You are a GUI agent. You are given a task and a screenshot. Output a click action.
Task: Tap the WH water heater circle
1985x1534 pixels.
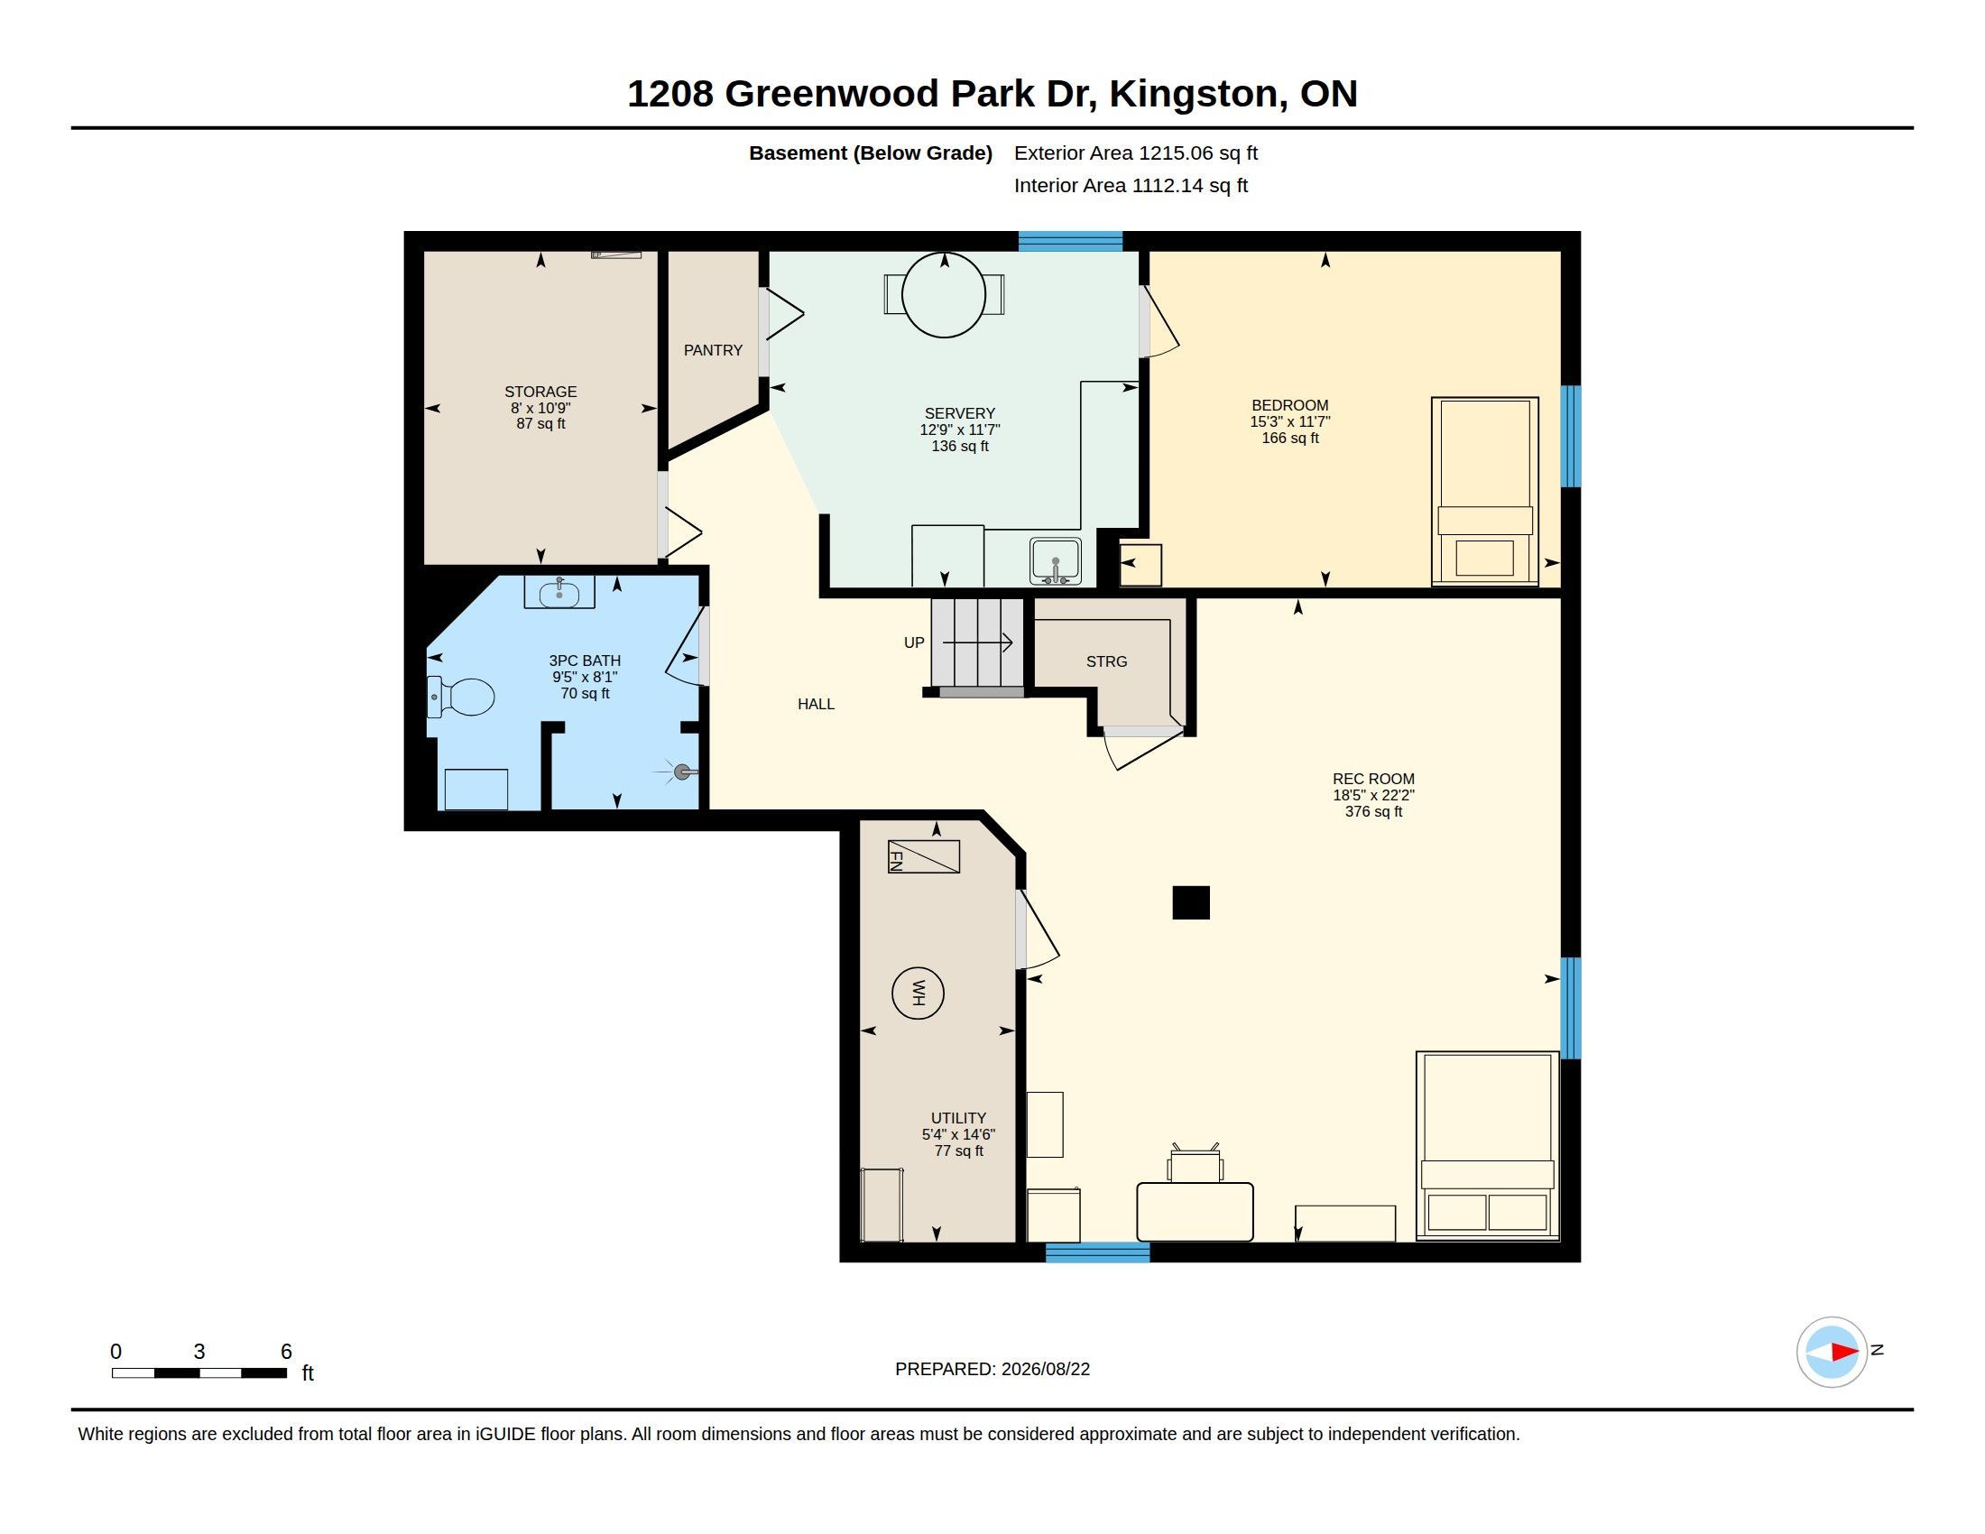click(x=918, y=993)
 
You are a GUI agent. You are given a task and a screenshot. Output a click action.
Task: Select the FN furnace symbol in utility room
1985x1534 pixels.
click(x=923, y=857)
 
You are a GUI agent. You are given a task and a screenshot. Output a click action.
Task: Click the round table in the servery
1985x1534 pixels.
click(x=945, y=295)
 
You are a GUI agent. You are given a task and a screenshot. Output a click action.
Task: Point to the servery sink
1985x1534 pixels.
click(x=1056, y=560)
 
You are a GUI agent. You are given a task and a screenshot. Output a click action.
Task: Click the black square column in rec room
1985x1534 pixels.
click(x=1191, y=902)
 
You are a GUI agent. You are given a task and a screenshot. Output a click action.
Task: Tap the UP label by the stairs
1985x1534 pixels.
click(x=914, y=642)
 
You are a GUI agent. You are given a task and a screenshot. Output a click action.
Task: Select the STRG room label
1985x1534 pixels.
click(x=1106, y=661)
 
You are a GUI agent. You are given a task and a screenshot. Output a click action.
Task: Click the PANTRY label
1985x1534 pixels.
click(x=714, y=350)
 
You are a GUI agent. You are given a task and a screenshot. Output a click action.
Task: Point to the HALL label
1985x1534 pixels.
click(x=817, y=704)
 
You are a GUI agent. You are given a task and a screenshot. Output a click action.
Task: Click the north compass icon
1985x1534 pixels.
click(x=1832, y=1353)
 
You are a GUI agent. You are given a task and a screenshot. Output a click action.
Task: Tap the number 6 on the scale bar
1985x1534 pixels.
click(x=286, y=1352)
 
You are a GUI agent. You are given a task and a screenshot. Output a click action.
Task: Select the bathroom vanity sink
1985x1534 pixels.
click(x=559, y=593)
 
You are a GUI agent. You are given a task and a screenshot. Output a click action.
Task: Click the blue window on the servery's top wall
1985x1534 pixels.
click(x=1071, y=241)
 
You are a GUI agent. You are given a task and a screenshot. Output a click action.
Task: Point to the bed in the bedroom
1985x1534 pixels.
click(x=1485, y=492)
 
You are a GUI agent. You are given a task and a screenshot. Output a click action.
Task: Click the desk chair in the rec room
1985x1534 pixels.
click(x=1196, y=1162)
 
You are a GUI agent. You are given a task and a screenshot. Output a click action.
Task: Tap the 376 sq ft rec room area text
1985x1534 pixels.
click(x=1373, y=811)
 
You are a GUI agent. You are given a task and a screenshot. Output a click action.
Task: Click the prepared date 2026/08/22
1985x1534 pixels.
click(x=1045, y=1369)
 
